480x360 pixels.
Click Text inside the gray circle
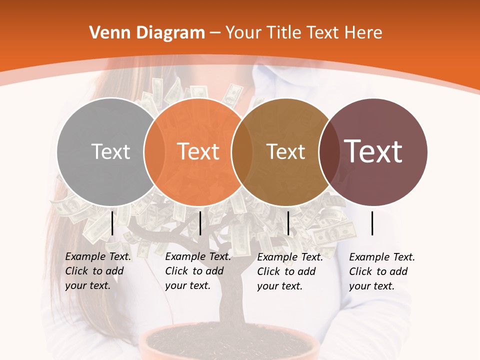pos(110,151)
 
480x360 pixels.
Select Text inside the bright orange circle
pos(198,151)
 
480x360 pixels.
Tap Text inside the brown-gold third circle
pos(285,151)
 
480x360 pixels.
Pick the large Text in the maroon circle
pos(373,151)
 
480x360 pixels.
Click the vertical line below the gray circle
pos(112,223)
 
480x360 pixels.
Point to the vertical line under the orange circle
pos(200,223)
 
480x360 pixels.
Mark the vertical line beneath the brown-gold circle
pos(288,223)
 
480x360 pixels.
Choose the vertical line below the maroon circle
pos(372,223)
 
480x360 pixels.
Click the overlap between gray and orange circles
pos(154,151)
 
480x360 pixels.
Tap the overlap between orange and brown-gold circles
pos(242,151)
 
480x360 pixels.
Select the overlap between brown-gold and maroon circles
pos(329,151)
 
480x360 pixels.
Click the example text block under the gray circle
pos(98,271)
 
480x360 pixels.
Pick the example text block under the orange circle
pos(198,271)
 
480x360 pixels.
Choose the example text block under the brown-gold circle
pos(290,271)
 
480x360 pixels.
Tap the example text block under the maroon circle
pos(382,271)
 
